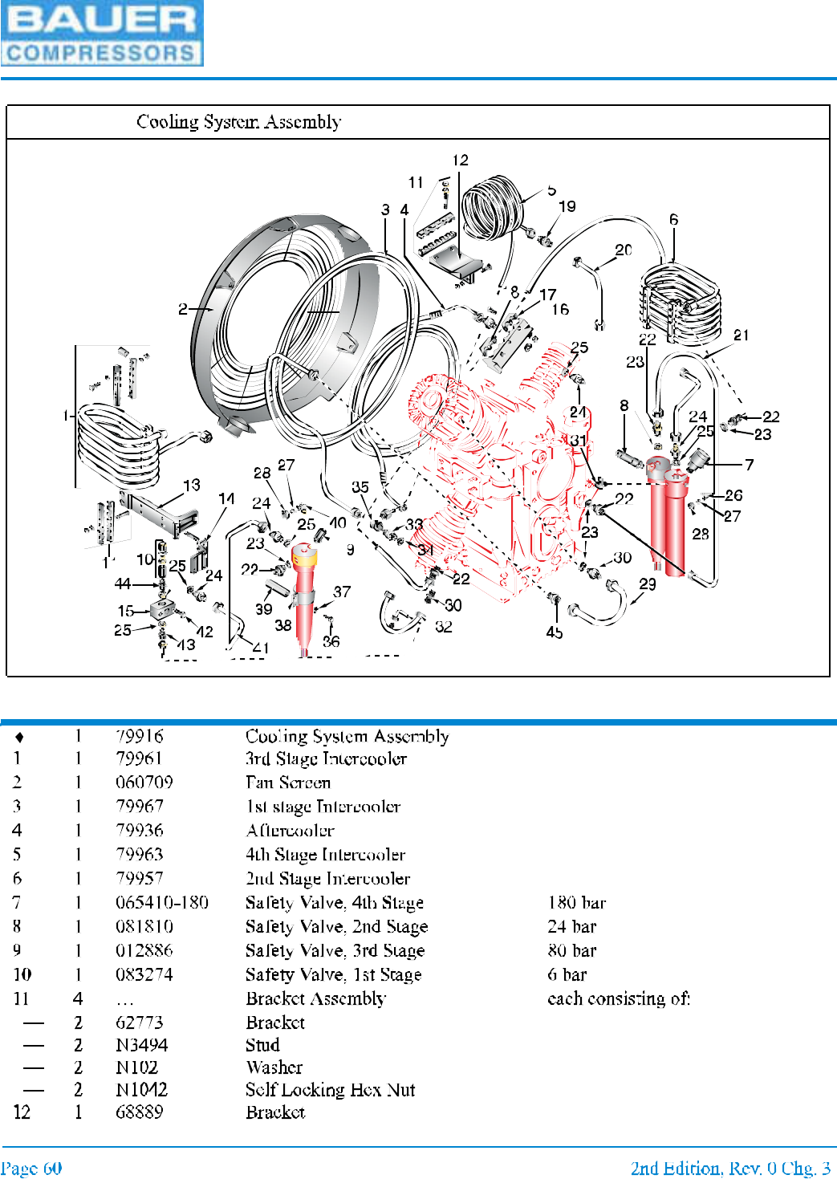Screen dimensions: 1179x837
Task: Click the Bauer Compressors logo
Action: (x=102, y=33)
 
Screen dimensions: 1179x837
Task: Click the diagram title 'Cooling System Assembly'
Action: (x=238, y=122)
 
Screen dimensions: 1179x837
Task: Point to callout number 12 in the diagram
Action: (x=460, y=161)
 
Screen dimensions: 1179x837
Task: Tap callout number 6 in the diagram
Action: (x=673, y=219)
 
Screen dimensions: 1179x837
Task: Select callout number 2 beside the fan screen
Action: (x=183, y=309)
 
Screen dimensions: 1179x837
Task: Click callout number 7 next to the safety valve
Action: (x=749, y=465)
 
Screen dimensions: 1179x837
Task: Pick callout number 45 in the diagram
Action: (x=554, y=632)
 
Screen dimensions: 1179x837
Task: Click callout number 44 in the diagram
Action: (x=123, y=583)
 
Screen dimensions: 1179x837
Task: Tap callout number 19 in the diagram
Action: (x=567, y=206)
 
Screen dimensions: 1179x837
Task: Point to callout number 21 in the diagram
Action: (x=741, y=335)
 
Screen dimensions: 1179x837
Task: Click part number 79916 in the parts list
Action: (x=140, y=736)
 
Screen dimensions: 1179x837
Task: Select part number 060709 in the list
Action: (x=144, y=783)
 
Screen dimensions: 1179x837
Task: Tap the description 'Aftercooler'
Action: (x=291, y=831)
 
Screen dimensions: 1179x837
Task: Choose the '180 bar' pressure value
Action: (x=577, y=903)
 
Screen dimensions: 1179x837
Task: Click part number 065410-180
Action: (x=162, y=903)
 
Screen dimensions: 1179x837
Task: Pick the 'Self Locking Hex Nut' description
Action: (x=331, y=1090)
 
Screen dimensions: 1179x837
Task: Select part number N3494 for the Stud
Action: (x=142, y=1045)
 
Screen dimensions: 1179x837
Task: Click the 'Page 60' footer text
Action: (x=31, y=1168)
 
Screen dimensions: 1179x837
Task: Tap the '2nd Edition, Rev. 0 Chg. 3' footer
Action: (x=730, y=1168)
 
